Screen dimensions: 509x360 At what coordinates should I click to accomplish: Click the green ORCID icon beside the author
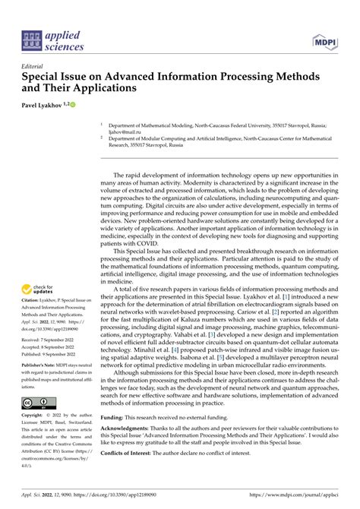74,103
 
